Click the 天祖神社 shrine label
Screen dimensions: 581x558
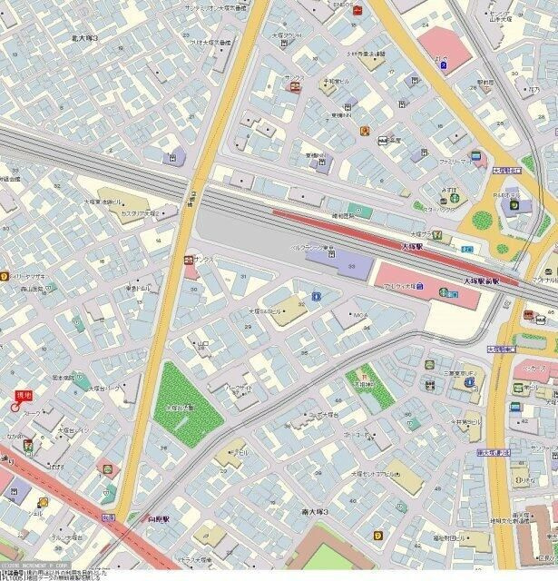click(x=365, y=384)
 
